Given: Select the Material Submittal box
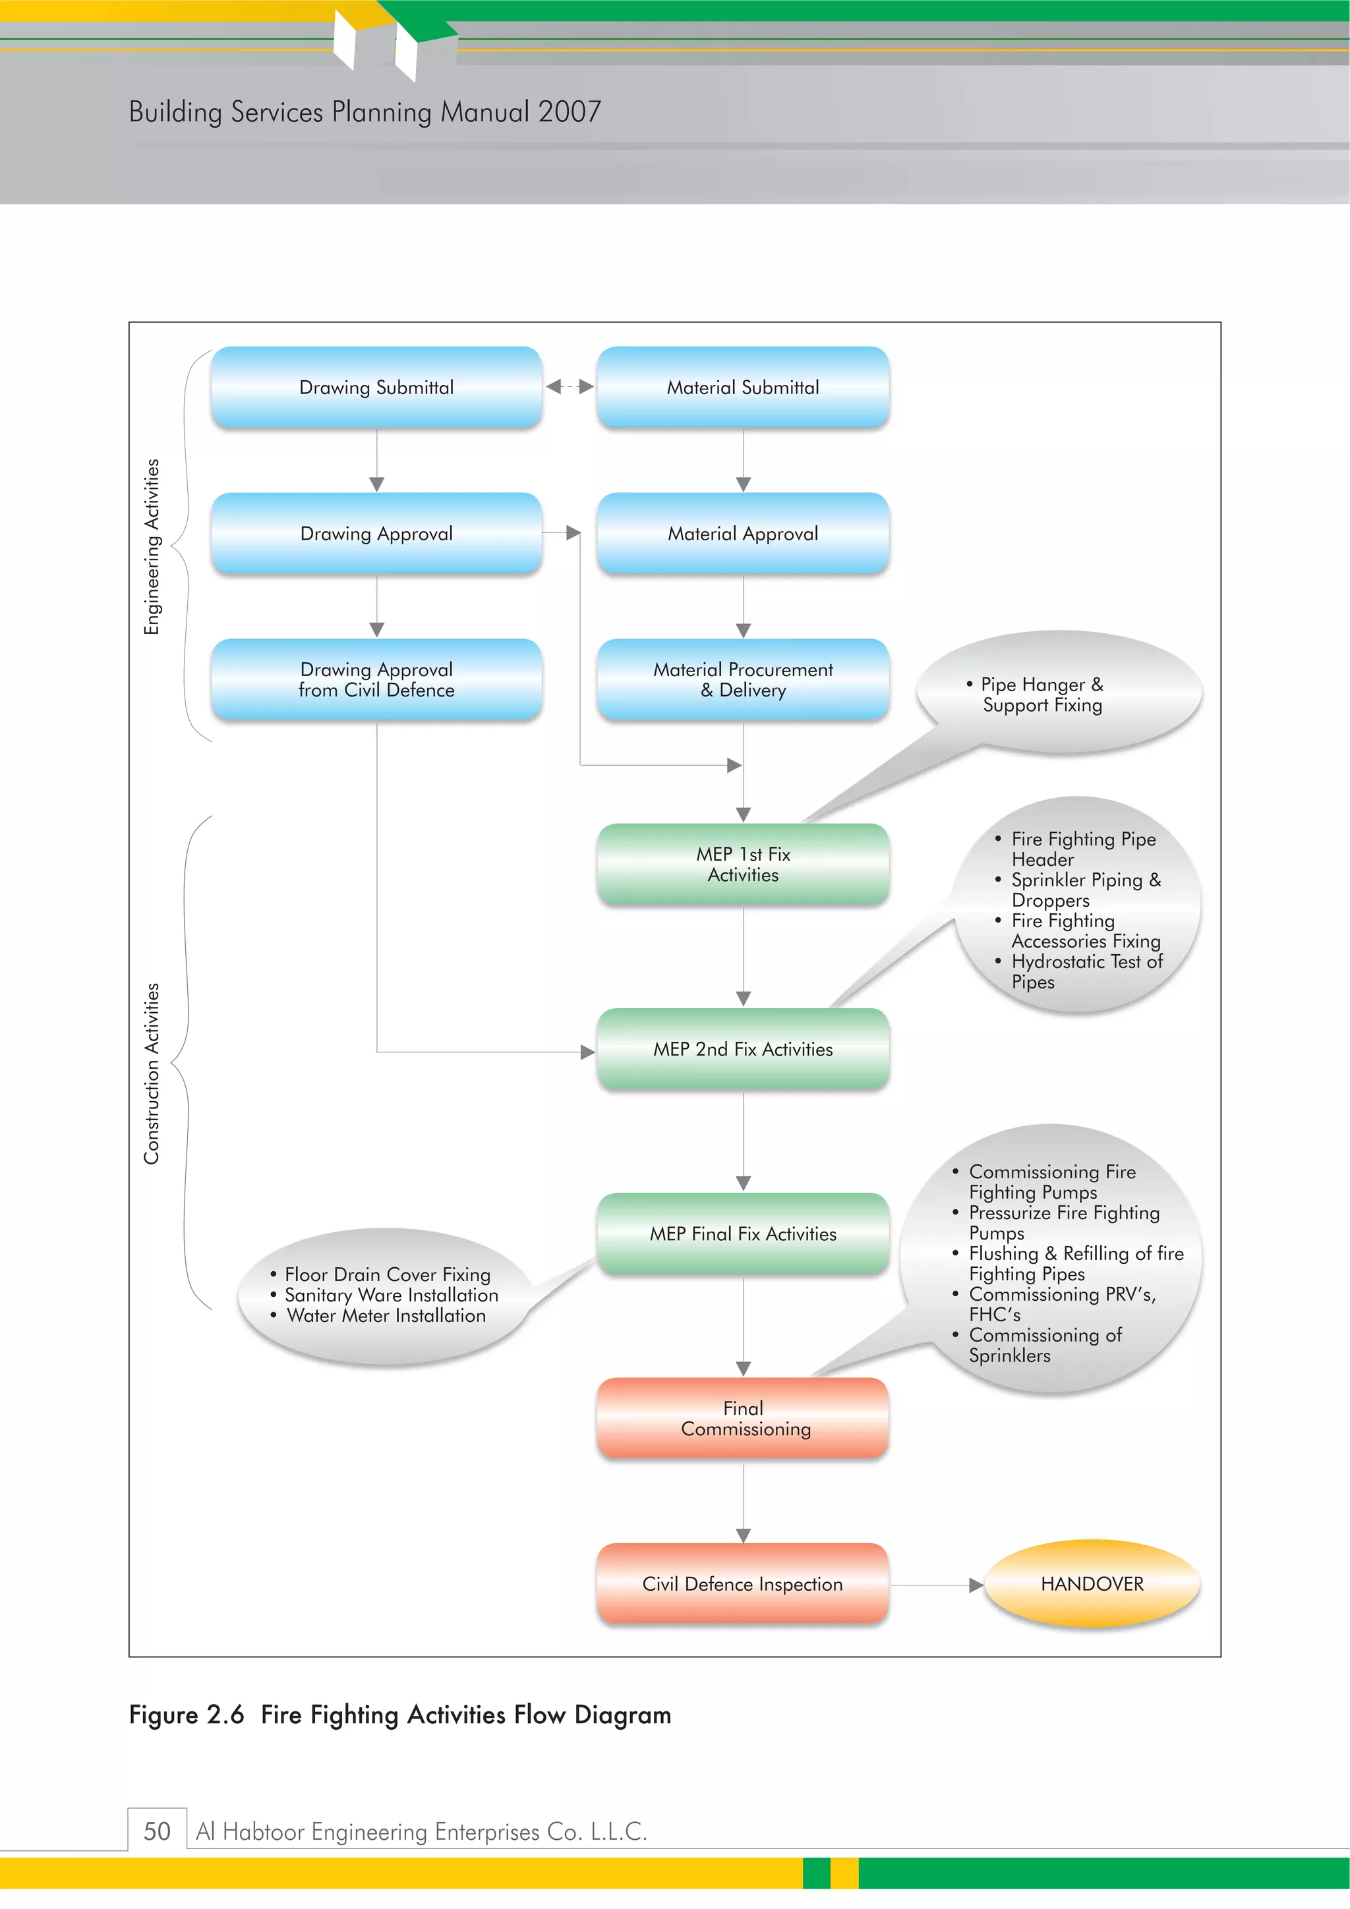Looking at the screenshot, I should click(743, 387).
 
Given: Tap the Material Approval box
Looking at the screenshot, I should click(743, 534).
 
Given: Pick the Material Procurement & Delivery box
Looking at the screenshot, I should click(743, 679).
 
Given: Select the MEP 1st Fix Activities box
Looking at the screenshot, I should click(743, 864).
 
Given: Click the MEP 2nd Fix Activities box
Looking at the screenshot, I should click(743, 1049).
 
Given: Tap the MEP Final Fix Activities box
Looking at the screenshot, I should click(743, 1234).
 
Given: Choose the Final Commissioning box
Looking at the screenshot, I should click(743, 1419).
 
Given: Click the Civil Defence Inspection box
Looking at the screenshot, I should click(743, 1584).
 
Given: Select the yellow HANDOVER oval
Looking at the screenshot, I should click(1092, 1584).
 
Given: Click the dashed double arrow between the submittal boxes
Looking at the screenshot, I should click(570, 387).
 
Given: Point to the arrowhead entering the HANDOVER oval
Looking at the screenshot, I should click(976, 1585).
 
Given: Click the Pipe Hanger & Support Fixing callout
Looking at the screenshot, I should click(1042, 695).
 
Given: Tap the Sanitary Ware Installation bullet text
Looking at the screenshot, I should click(391, 1296).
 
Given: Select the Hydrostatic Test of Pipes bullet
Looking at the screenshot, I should click(1086, 971).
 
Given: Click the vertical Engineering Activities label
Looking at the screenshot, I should click(152, 546).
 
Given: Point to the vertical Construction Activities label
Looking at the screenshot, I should click(152, 1073).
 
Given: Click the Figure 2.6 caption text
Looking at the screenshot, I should click(399, 1715).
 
